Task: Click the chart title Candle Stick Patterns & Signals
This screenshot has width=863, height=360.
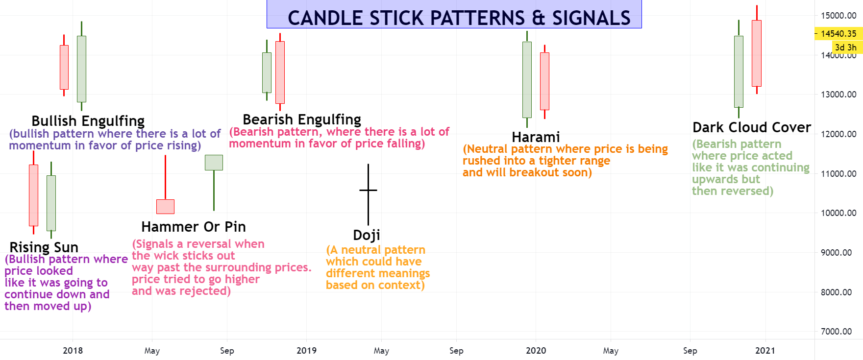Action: coord(459,18)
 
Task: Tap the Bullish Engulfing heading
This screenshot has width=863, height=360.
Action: coord(88,121)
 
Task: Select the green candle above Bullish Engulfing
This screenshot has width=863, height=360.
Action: coord(81,69)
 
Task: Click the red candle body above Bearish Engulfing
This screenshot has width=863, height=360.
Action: coord(280,72)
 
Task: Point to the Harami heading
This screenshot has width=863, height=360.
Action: coord(536,137)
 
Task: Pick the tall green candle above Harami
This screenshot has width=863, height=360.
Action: coord(527,79)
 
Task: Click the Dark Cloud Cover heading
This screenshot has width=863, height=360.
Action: coord(751,127)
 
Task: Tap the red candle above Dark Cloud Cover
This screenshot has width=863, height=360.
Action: coord(757,53)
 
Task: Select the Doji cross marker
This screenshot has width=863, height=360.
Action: coord(368,190)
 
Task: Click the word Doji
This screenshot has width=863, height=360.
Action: coord(367,236)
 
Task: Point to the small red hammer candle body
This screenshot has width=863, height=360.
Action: coord(165,207)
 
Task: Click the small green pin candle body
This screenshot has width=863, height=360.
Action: coord(214,163)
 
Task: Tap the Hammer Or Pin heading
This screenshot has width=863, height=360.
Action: coord(194,227)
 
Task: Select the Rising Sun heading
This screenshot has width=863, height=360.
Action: coord(44,247)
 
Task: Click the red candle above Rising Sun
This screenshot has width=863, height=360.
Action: coord(33,195)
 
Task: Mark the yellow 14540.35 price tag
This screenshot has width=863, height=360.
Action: coord(838,34)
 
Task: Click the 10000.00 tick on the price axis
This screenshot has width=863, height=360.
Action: coord(838,213)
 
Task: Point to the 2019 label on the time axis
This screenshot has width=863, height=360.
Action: coord(306,351)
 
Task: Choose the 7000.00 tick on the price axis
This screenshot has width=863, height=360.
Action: coord(838,332)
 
